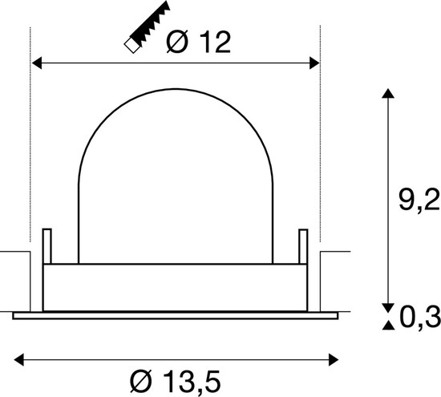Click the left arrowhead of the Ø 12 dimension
tap(37, 62)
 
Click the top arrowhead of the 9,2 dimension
tap(388, 94)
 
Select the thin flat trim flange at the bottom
tap(175, 315)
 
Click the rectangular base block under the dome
tap(175, 287)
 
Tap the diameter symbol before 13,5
tap(138, 378)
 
